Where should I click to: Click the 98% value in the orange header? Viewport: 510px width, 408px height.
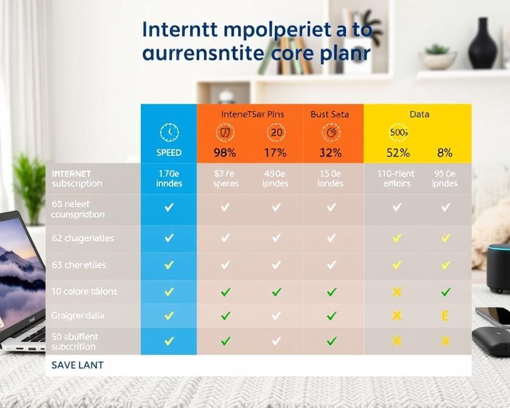coord(225,152)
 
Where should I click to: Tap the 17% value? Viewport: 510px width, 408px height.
coord(275,152)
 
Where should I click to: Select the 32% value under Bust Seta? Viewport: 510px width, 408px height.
coord(330,152)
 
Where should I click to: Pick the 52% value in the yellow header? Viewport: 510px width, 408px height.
coord(398,152)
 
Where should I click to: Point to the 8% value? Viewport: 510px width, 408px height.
coord(445,152)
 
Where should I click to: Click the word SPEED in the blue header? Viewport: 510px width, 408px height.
coord(169,152)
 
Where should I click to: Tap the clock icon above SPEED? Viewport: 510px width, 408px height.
coord(169,132)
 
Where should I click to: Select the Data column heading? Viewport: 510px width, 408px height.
coord(419,114)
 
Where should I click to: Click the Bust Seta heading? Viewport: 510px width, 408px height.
coord(330,114)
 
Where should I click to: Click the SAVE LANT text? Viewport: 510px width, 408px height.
coord(78,365)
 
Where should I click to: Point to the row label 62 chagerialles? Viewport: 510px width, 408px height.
coord(83,239)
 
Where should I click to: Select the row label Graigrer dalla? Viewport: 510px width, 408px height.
coord(78,316)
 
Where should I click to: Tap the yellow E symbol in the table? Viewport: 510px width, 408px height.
coord(445,316)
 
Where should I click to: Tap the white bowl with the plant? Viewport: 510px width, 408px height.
coord(438,59)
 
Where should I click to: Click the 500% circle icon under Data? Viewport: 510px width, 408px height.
coord(398,132)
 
